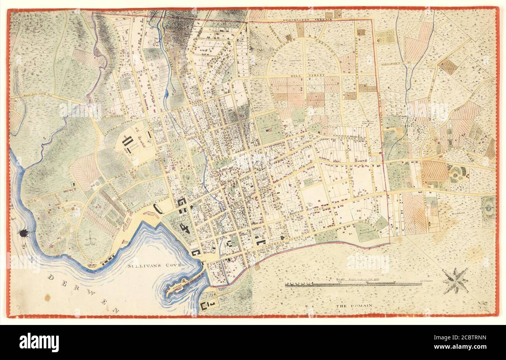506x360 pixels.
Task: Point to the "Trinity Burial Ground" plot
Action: pos(365,233)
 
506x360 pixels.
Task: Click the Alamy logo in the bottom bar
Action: pos(39,342)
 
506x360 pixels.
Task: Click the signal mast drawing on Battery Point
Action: pos(91,238)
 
